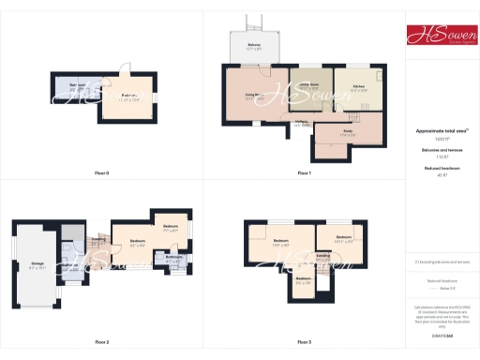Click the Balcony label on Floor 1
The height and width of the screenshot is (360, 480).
(x=254, y=46)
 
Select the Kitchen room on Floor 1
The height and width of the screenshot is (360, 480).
(x=358, y=87)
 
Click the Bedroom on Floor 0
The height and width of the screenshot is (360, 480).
(x=129, y=96)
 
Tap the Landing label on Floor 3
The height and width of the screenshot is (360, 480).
(x=322, y=255)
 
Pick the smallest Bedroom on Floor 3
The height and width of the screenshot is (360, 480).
(x=304, y=279)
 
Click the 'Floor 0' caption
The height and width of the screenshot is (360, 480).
(x=102, y=173)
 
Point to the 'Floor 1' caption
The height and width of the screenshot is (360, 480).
(x=304, y=173)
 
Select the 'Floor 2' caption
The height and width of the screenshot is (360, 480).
(x=102, y=342)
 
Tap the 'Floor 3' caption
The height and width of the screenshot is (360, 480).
(x=304, y=342)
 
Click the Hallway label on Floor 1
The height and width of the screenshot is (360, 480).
(x=302, y=121)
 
